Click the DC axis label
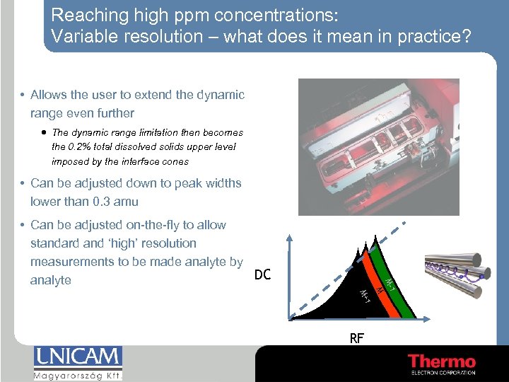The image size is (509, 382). [x=262, y=274]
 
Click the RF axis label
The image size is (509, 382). [x=356, y=338]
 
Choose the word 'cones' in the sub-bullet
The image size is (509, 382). [x=175, y=161]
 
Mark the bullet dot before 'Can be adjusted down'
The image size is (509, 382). [x=23, y=184]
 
